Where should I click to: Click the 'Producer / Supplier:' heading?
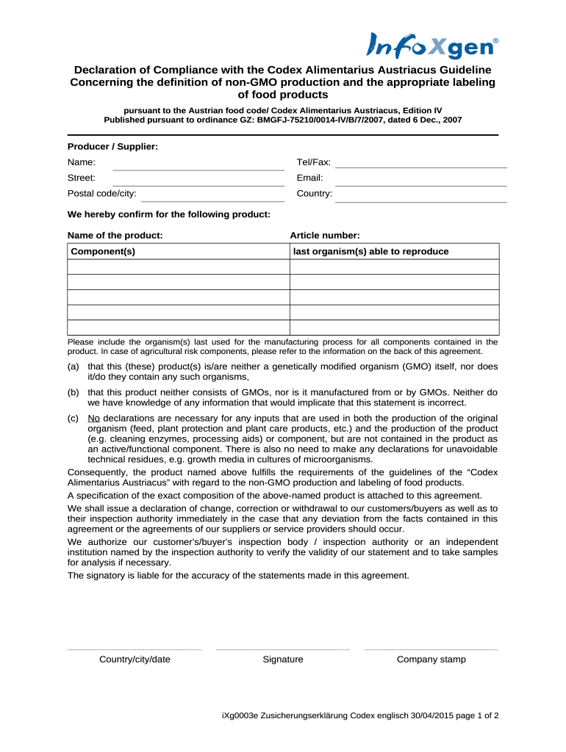(112, 147)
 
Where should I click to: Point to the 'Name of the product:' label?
(115, 236)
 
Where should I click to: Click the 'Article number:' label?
(324, 236)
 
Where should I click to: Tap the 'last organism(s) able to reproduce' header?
(370, 252)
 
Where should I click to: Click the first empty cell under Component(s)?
(178, 267)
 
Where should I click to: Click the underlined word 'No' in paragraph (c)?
(93, 418)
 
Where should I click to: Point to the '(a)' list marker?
(73, 366)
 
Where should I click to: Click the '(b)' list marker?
(73, 392)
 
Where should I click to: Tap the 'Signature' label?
(282, 659)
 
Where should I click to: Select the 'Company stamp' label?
(431, 659)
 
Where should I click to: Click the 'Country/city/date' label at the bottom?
(135, 659)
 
